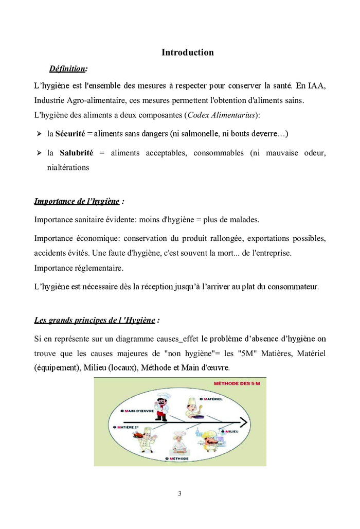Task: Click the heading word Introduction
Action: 187,52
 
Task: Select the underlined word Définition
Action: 67,68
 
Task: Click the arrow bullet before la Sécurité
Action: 39,134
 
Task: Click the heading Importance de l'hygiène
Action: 77,201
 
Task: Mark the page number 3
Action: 179,494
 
